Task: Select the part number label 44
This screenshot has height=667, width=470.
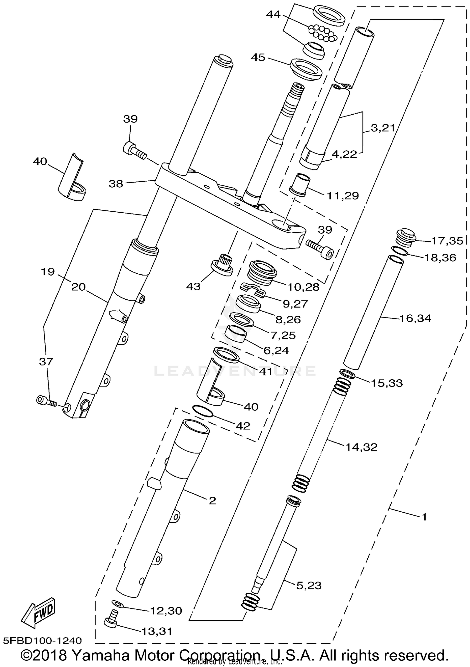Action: click(273, 14)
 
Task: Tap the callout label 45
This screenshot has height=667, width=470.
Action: click(258, 57)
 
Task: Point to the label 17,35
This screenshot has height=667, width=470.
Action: click(447, 241)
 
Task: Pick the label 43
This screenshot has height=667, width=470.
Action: click(193, 286)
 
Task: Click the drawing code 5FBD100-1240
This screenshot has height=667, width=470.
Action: click(43, 640)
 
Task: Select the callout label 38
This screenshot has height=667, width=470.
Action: click(116, 184)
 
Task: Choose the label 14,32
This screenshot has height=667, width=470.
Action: click(361, 447)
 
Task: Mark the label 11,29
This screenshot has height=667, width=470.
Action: click(342, 196)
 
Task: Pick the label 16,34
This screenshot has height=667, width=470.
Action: click(415, 318)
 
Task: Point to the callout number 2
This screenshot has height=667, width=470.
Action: click(212, 501)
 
